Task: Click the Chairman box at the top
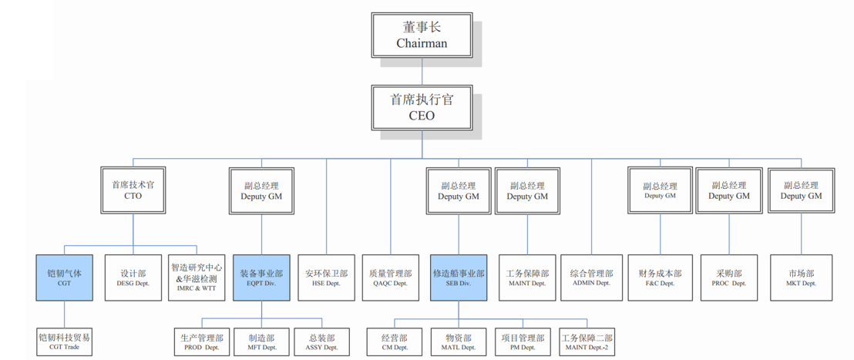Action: click(422, 35)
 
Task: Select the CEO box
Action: click(422, 108)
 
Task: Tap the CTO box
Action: click(133, 190)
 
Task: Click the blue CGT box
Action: click(64, 278)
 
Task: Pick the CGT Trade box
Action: click(64, 341)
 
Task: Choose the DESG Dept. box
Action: click(133, 278)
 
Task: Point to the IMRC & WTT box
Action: click(197, 278)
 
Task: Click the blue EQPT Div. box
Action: click(261, 278)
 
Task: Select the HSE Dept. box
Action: click(326, 278)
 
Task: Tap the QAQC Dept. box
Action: click(392, 278)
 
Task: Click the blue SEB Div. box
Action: click(458, 278)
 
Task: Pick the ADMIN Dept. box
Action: click(591, 278)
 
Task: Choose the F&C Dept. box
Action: click(660, 278)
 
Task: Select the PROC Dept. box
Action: click(728, 278)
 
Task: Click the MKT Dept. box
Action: click(801, 278)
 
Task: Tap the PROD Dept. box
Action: click(202, 342)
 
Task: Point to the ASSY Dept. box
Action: click(321, 342)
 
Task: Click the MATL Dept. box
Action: click(458, 342)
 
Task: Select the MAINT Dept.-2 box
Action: click(587, 342)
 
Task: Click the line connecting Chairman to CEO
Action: click(422, 71)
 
